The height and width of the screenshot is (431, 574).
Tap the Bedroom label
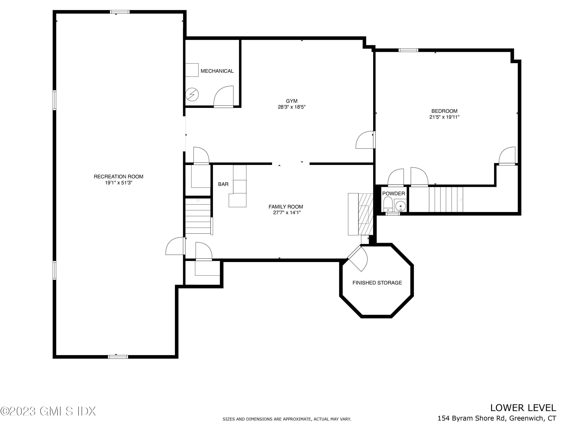[444, 111]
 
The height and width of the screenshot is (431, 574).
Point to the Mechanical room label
[217, 71]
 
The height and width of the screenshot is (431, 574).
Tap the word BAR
[223, 184]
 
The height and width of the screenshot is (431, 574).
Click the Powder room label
[393, 193]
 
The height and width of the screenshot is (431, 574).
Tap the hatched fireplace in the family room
[366, 214]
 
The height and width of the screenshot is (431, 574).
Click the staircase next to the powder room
[446, 200]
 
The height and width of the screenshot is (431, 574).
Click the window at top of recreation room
[119, 12]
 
